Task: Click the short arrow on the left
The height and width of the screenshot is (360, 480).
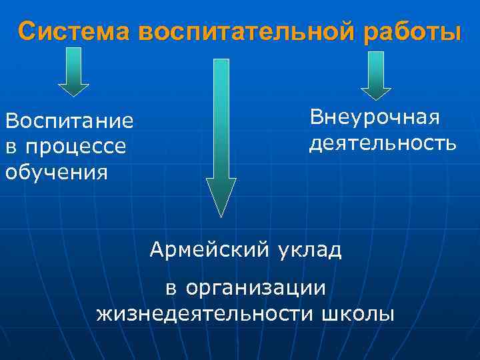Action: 73,73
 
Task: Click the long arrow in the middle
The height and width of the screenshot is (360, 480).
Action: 221,133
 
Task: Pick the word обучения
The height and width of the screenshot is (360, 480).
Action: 56,173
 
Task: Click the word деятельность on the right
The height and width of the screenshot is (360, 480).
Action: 383,143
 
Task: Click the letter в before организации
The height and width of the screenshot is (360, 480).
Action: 171,289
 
